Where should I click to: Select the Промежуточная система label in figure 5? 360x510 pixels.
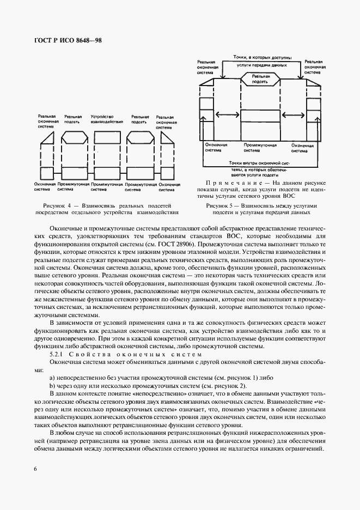(x=260, y=148)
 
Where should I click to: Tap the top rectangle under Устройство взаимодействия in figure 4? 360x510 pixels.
(x=107, y=137)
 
